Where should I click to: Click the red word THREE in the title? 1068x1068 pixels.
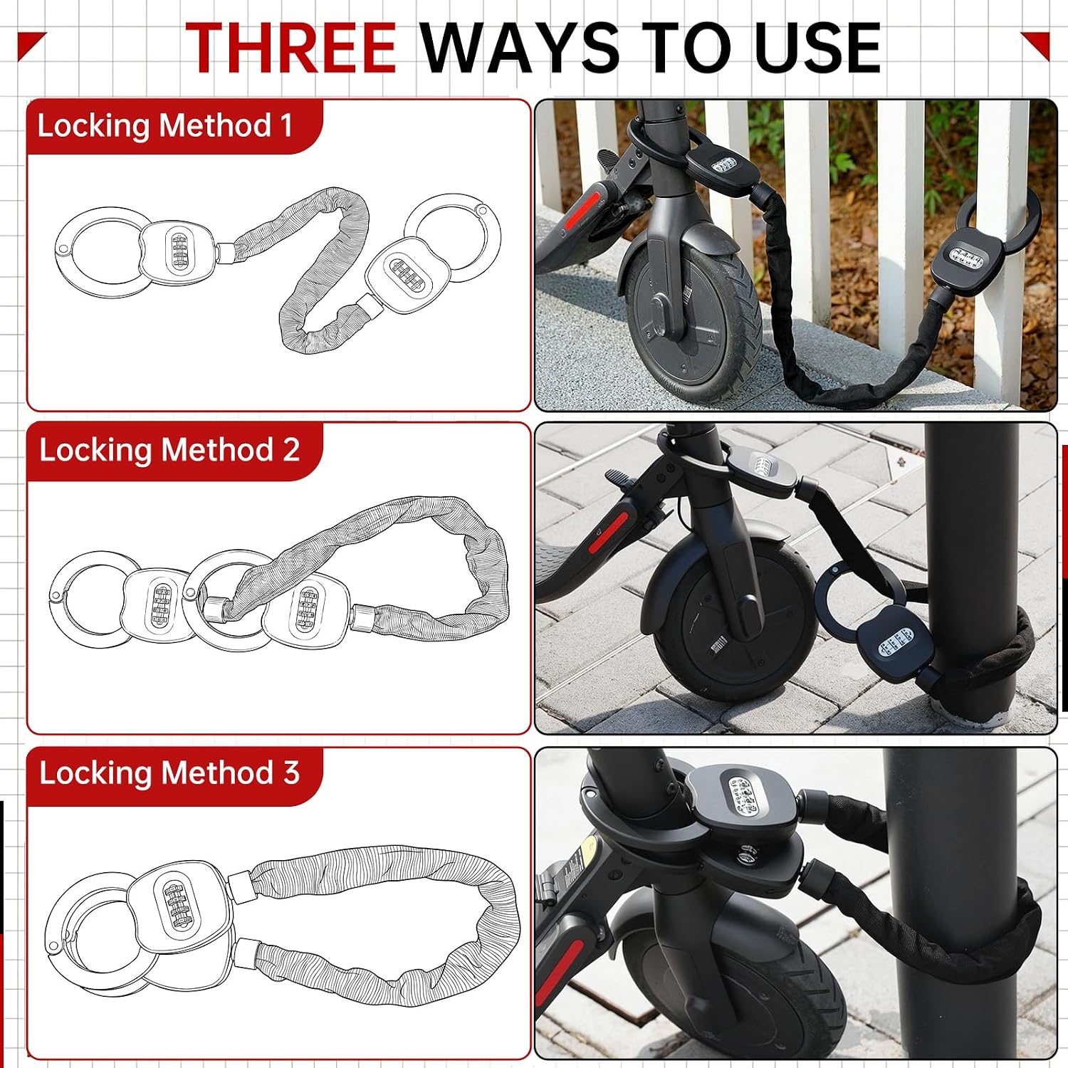[x=290, y=48]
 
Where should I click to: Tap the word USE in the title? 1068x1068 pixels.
[x=817, y=48]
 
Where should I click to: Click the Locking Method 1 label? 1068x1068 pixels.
[x=164, y=126]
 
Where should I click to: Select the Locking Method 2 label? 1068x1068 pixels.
[x=169, y=450]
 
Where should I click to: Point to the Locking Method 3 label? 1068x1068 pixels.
[x=169, y=773]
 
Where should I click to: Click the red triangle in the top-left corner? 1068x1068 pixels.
[x=28, y=43]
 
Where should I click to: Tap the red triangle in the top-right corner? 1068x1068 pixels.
[x=1038, y=43]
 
